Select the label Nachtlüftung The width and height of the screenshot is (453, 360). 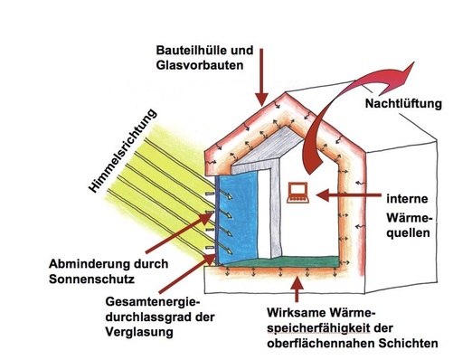tap(397, 105)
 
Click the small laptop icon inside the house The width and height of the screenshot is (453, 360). tap(295, 191)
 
